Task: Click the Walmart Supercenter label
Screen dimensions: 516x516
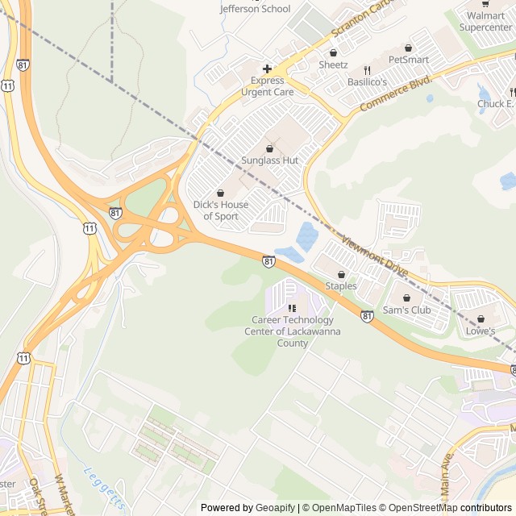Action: coord(485,21)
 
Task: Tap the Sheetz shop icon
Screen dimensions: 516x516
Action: coord(333,52)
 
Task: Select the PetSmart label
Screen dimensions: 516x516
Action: coord(408,60)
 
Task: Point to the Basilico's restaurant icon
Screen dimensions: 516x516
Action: coord(367,70)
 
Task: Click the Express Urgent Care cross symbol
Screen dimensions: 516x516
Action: coord(267,69)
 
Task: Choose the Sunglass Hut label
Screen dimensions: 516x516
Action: coord(270,160)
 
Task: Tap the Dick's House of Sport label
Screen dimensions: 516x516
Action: coord(220,210)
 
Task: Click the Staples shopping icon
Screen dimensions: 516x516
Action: coord(341,274)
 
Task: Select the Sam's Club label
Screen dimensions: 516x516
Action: coord(406,310)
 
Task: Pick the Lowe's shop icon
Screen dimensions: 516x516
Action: coord(481,319)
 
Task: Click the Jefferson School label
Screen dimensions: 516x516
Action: coord(255,9)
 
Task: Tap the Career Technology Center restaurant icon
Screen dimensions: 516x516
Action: coord(292,308)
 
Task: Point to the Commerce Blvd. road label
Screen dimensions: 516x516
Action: coord(397,94)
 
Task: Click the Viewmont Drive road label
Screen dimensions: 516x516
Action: coord(377,257)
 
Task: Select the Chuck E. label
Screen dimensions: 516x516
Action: coord(495,104)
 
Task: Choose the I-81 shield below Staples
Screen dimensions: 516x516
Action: coord(367,317)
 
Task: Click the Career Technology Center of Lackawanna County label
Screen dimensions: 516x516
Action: coord(292,331)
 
